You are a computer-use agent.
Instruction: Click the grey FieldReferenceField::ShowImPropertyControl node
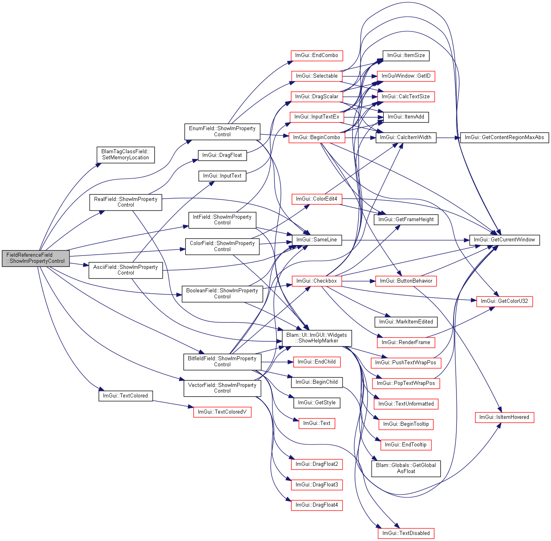coord(36,258)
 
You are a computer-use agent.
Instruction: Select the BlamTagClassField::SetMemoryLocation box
coord(126,155)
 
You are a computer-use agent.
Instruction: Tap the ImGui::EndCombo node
coord(317,55)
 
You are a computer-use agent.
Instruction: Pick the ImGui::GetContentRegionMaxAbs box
coord(505,137)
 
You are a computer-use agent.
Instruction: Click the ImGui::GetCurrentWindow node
coord(505,240)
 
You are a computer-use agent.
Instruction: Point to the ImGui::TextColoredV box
coord(222,412)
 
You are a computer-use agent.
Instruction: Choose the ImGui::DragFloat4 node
coord(317,505)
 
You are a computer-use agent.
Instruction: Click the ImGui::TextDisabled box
coord(406,533)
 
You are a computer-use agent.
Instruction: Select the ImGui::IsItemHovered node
coord(505,417)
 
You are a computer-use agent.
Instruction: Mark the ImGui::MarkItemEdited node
coord(406,322)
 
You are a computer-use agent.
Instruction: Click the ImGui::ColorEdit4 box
coord(317,199)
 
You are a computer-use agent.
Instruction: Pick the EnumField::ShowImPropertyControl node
coord(222,132)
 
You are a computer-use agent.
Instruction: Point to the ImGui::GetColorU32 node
coord(505,301)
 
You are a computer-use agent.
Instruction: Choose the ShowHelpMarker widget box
coord(317,338)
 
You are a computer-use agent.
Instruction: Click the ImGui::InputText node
coord(222,176)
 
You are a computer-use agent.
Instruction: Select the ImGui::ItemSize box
coord(406,55)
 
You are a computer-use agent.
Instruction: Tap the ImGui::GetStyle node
coord(317,403)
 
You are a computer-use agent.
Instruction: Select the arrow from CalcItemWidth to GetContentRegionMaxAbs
coord(448,138)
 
